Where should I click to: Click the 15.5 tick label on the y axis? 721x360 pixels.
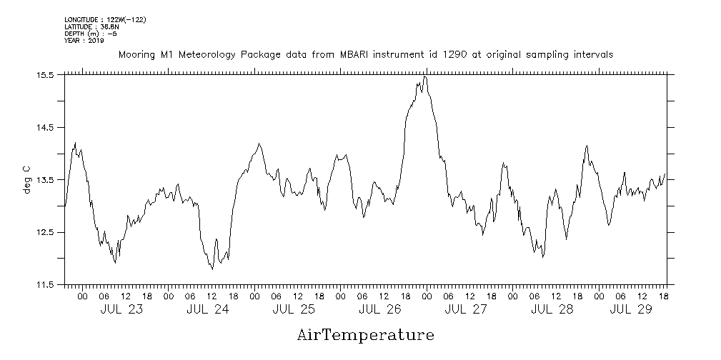[x=46, y=75]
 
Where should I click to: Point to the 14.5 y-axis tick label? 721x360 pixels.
[x=46, y=127]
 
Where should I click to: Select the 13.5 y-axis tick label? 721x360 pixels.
[x=46, y=180]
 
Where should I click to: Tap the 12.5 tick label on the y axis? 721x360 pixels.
[x=46, y=232]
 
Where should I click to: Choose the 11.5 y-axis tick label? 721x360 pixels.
[x=46, y=285]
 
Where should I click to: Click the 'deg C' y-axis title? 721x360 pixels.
[x=27, y=180]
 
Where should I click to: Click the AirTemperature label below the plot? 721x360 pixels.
[x=365, y=334]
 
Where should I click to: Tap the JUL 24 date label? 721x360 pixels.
[x=208, y=310]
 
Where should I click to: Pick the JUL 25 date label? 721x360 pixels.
[x=294, y=310]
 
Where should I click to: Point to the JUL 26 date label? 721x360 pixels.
[x=379, y=310]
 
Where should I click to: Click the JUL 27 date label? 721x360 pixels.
[x=466, y=310]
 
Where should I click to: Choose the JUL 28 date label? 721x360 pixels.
[x=552, y=310]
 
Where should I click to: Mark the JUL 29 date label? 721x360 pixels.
[x=630, y=310]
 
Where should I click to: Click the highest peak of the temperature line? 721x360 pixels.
[x=425, y=76]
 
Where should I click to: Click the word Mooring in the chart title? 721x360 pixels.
[x=136, y=55]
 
